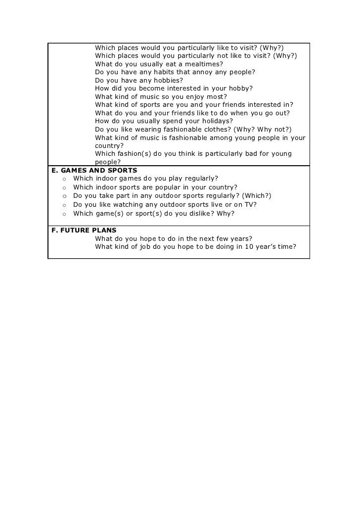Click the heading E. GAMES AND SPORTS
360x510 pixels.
[94, 170]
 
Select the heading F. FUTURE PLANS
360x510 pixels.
[84, 231]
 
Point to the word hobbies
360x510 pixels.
[166, 80]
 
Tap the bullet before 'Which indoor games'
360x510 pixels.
[64, 179]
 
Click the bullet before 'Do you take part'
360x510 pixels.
[64, 196]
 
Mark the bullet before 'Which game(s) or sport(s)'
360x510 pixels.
[64, 214]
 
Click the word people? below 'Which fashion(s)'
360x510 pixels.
[108, 162]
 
